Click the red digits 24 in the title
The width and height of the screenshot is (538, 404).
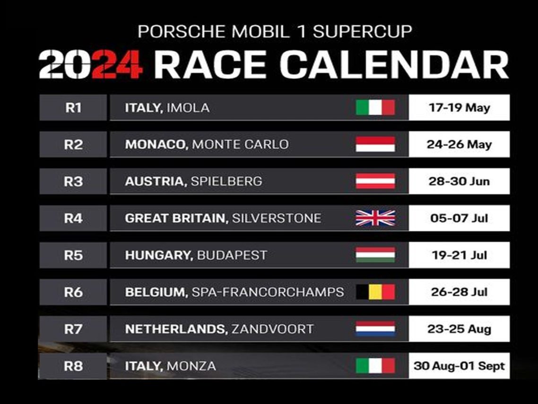[117, 64]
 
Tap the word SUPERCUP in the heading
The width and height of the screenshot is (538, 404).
[362, 32]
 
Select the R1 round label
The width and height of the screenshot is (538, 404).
[73, 108]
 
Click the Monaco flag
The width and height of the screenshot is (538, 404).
[375, 144]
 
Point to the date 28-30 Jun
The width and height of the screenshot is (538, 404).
[459, 181]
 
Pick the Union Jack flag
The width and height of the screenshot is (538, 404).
[375, 218]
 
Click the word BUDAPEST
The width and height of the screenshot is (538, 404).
[232, 255]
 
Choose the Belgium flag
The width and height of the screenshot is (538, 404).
[375, 292]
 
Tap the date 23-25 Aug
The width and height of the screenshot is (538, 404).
[459, 329]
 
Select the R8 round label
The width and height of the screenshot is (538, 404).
[73, 366]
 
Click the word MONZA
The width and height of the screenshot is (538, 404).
[191, 366]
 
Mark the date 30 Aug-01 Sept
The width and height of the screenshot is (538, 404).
[459, 366]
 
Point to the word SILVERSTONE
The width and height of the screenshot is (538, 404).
[277, 218]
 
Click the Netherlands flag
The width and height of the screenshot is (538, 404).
[375, 329]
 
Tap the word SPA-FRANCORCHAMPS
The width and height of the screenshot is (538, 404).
[268, 292]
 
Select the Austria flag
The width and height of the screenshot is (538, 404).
[375, 181]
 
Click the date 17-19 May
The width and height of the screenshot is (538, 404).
[460, 108]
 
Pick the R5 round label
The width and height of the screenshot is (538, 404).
[73, 255]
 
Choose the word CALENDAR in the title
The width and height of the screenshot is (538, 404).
[394, 64]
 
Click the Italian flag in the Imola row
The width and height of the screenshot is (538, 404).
[375, 107]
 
